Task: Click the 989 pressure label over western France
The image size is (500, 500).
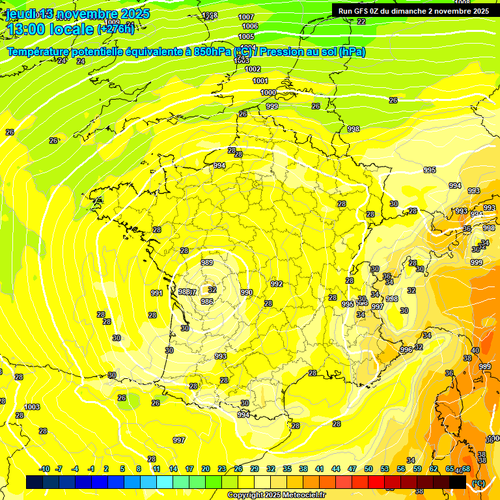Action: (x=207, y=262)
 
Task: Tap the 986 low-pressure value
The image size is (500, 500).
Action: (x=207, y=301)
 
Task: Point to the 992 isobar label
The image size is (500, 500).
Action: (x=277, y=284)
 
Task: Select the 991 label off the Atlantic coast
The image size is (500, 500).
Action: (x=157, y=293)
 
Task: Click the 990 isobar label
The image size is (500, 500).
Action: (x=246, y=293)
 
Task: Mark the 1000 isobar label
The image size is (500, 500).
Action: (x=268, y=92)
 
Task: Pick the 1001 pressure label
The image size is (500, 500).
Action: (x=260, y=81)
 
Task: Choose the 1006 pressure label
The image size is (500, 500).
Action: (x=250, y=26)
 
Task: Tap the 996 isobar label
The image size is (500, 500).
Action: (x=406, y=350)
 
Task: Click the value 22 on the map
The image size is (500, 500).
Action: (x=361, y=21)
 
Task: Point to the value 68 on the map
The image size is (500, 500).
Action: (x=466, y=469)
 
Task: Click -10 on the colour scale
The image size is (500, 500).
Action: (x=44, y=469)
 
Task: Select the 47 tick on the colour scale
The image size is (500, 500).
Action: (x=352, y=469)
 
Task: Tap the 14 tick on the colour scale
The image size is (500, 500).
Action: (x=173, y=469)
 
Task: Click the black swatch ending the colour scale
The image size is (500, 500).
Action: (x=458, y=482)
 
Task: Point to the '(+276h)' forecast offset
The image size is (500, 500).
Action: (x=116, y=29)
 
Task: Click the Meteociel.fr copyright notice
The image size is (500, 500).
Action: (x=275, y=495)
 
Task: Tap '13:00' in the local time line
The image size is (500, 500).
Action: (x=25, y=29)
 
